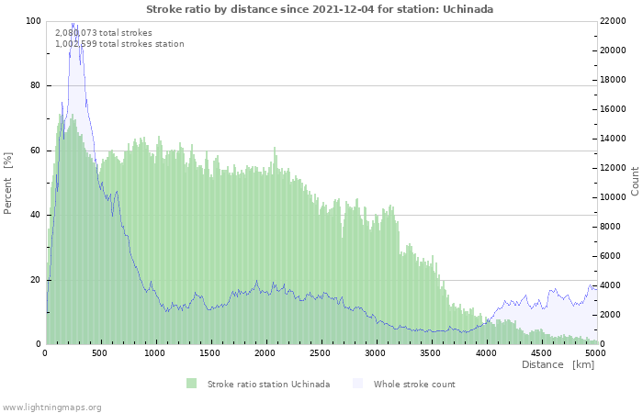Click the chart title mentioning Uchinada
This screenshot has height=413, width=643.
[320, 9]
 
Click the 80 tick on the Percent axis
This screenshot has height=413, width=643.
[36, 85]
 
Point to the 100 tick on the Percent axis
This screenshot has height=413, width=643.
[33, 21]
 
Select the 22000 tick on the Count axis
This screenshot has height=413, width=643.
[615, 21]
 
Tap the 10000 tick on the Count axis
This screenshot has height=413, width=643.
[615, 197]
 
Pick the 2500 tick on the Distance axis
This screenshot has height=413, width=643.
[485, 352]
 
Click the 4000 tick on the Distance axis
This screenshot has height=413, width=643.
[485, 352]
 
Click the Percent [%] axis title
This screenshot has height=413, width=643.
[8, 184]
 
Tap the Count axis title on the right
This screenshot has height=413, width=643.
[635, 181]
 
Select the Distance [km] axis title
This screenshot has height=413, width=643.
[558, 365]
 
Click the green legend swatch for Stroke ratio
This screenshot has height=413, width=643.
[191, 384]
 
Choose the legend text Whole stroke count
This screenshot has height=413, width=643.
[414, 384]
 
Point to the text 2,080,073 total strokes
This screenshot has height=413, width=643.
[104, 32]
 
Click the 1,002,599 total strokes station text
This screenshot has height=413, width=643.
[119, 43]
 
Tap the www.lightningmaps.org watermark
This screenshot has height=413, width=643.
[51, 407]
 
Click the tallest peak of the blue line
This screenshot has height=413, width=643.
[73, 24]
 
